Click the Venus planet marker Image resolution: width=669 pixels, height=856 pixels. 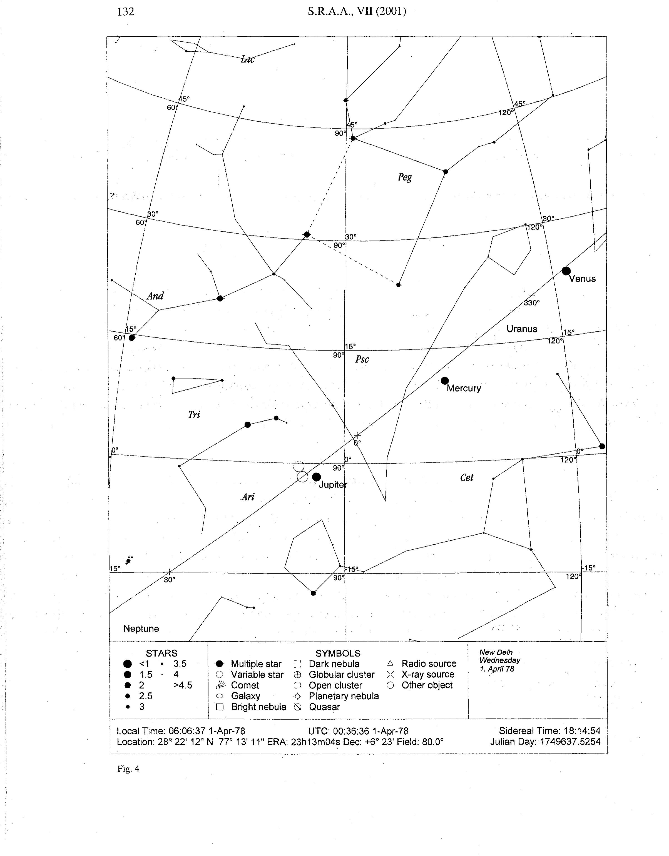(566, 271)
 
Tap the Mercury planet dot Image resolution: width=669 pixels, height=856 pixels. (445, 381)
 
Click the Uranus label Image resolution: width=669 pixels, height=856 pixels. (522, 329)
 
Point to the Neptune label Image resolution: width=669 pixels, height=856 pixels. (141, 629)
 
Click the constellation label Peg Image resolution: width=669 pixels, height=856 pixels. (405, 177)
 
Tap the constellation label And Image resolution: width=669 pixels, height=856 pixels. (155, 296)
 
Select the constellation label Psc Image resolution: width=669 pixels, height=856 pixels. (362, 359)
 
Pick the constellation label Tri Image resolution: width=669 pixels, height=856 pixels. (194, 415)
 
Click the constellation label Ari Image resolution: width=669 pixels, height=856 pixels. (248, 497)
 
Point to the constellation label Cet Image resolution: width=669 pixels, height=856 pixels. (467, 477)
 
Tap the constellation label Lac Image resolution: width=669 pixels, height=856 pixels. (247, 59)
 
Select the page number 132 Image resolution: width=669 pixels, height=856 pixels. (125, 12)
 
